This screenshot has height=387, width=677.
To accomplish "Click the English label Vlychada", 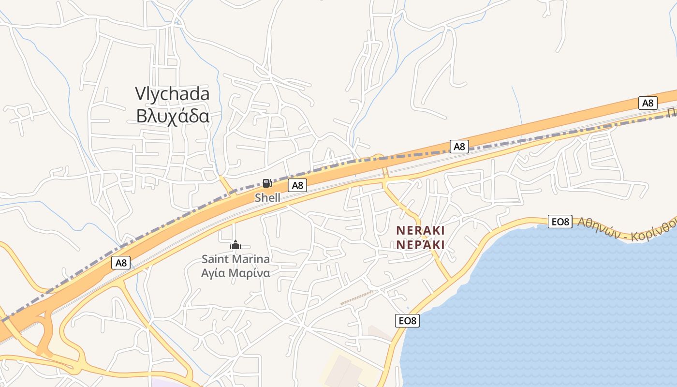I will (172, 94).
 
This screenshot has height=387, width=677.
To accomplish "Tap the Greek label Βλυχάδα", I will (172, 117).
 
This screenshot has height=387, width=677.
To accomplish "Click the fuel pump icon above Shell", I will (267, 183).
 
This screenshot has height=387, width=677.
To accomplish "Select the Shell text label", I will (267, 197).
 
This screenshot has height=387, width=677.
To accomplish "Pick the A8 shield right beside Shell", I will (297, 185).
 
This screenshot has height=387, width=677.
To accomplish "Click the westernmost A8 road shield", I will (121, 263).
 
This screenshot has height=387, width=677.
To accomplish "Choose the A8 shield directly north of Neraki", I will (459, 146).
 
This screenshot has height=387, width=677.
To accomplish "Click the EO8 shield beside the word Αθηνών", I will (560, 222).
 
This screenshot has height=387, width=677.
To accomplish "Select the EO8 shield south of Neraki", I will (407, 320).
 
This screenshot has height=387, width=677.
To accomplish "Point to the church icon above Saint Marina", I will (235, 245).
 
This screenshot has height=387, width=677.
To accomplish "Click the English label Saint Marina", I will (235, 259).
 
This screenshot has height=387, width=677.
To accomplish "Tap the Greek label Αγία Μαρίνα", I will (235, 273).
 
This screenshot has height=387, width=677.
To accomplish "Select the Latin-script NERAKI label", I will (420, 230).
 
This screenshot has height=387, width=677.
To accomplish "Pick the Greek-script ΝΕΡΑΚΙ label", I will (420, 244).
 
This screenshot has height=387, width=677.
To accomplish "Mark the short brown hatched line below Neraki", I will (358, 298).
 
